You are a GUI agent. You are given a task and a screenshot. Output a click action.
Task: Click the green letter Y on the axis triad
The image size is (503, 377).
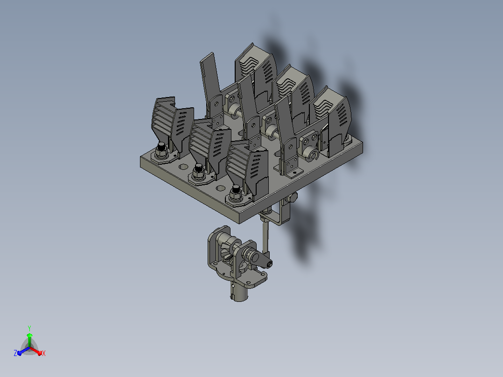(x=29, y=328)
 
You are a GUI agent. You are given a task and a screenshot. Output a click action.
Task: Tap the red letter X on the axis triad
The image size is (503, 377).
(x=44, y=354)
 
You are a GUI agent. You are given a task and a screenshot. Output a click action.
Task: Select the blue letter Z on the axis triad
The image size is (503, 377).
(x=15, y=353)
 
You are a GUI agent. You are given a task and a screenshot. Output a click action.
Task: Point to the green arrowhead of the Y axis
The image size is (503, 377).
(x=29, y=335)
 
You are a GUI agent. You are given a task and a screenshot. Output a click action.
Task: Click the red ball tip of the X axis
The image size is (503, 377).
(x=40, y=353)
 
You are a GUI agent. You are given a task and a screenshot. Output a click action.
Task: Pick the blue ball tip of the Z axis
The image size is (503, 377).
(x=20, y=353)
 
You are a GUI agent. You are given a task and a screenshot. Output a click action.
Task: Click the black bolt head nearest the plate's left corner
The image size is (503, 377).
(x=161, y=147)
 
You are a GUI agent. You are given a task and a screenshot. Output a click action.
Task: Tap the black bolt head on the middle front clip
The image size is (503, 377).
(x=199, y=168)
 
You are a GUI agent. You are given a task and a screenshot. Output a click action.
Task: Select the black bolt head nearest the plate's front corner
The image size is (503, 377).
(x=236, y=189)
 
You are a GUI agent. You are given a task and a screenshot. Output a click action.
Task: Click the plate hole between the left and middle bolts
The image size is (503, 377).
(x=183, y=167)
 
